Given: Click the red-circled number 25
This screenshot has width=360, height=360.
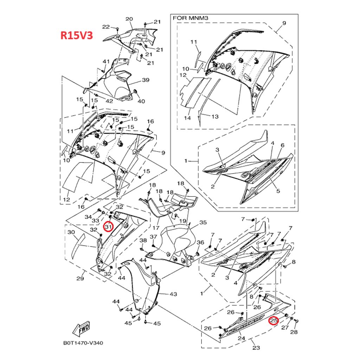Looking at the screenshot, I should click(x=274, y=321).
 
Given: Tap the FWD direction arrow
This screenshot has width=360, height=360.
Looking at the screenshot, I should click(x=81, y=328).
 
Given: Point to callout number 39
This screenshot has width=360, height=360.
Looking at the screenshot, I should click(x=146, y=80).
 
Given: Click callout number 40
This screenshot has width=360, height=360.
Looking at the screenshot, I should click(x=141, y=101).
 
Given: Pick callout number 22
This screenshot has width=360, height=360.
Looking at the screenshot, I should click(x=106, y=27).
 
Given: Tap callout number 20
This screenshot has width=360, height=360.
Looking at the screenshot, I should click(x=129, y=19).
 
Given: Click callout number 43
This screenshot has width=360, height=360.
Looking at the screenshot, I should click(x=173, y=294).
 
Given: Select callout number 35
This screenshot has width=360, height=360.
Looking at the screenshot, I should click(x=203, y=223).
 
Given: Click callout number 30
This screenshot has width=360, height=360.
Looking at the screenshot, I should click(x=71, y=232).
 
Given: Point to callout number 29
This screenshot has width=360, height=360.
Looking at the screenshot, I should click(x=80, y=279).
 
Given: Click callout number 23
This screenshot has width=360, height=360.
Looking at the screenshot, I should click(x=256, y=348).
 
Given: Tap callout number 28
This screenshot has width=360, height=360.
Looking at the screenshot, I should click(x=294, y=332).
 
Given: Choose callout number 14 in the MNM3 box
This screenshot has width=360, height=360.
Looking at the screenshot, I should click(x=187, y=118).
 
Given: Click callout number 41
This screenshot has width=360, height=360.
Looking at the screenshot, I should click(x=106, y=62).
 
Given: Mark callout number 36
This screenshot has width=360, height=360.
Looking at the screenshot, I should click(x=200, y=243).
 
